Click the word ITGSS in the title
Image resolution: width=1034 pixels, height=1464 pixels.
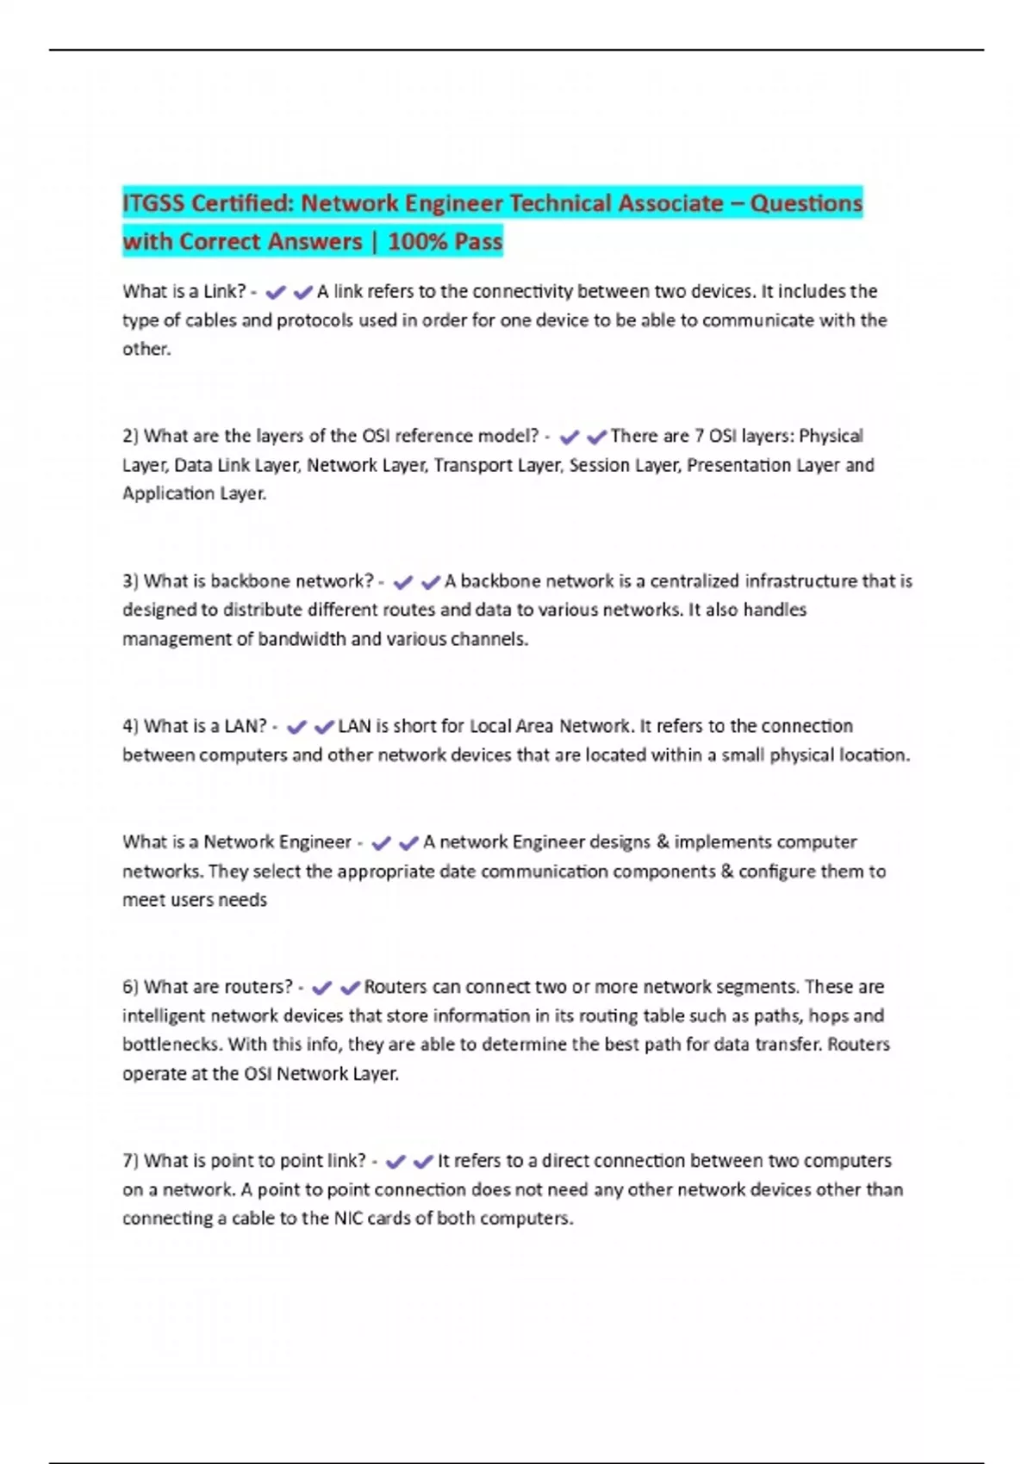tap(153, 204)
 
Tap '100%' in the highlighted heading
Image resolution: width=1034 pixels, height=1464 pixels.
tap(417, 242)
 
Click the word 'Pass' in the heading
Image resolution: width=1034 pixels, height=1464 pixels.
tap(478, 242)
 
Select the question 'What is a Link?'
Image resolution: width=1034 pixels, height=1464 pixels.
tap(184, 292)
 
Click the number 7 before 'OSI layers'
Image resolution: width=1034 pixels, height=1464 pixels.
tap(699, 437)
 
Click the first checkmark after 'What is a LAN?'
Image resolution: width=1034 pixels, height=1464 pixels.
tap(296, 728)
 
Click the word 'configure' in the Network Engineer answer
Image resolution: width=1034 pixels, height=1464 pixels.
tap(776, 872)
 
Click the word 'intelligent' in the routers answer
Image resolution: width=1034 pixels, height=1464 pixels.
tap(164, 1016)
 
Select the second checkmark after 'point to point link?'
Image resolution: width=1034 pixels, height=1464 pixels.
tap(423, 1163)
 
